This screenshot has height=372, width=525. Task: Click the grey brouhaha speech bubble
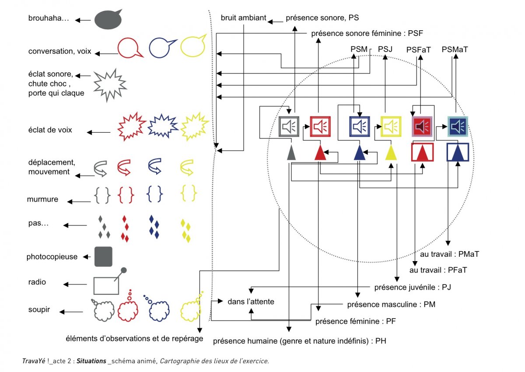pyautogui.click(x=107, y=20)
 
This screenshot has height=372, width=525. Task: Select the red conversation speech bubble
pyautogui.click(x=129, y=47)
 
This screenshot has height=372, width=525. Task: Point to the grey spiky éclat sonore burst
pyautogui.click(x=109, y=85)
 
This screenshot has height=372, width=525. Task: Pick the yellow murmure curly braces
pyautogui.click(x=189, y=193)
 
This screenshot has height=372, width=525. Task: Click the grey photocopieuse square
pyautogui.click(x=104, y=257)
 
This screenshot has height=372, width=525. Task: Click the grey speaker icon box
pyautogui.click(x=289, y=127)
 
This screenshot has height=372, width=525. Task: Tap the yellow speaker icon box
pyautogui.click(x=391, y=127)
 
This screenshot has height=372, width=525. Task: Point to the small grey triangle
pyautogui.click(x=290, y=153)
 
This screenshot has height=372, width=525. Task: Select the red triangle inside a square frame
pyautogui.click(x=423, y=152)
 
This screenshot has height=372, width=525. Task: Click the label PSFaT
pyautogui.click(x=418, y=50)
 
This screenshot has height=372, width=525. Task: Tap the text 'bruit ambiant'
pyautogui.click(x=243, y=18)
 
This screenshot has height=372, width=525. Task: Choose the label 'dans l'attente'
pyautogui.click(x=251, y=301)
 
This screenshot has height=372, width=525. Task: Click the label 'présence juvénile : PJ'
pyautogui.click(x=413, y=287)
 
